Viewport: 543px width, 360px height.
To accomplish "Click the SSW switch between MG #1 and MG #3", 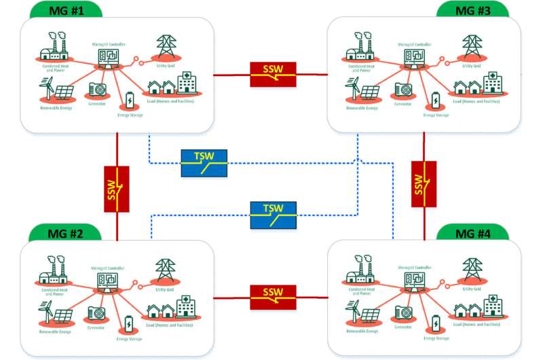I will (274, 75).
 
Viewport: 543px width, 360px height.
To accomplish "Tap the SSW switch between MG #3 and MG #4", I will (424, 183).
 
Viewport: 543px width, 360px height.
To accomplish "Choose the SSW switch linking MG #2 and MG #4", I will (274, 296).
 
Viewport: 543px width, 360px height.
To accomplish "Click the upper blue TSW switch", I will (204, 162).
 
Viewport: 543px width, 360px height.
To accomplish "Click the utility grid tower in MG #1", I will (164, 48).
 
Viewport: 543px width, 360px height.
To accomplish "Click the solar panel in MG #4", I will (371, 315).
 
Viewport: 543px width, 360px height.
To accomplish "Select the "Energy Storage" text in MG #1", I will (129, 115).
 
